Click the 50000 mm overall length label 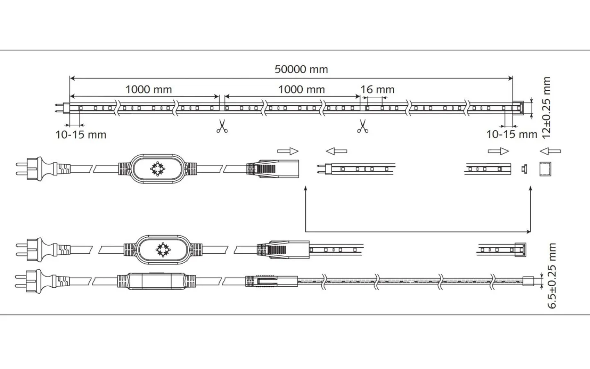point(301,69)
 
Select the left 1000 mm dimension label point(148,89)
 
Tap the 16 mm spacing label point(377,89)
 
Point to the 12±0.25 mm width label point(546,107)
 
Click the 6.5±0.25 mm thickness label point(552,275)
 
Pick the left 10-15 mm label point(81,134)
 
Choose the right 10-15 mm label point(511,134)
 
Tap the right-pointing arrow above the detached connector point(288,151)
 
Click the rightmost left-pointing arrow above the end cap point(550,151)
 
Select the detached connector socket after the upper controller point(273,168)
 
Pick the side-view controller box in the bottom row point(158,281)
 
